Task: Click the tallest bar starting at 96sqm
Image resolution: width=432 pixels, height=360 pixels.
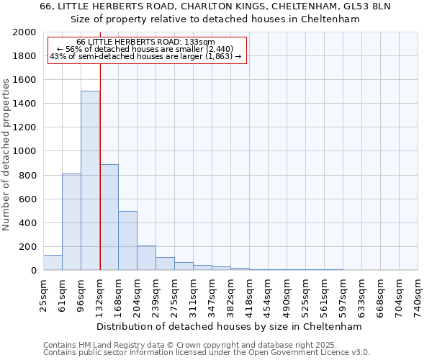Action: pos(90,180)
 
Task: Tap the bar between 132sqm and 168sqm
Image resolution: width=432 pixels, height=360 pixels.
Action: pos(109,217)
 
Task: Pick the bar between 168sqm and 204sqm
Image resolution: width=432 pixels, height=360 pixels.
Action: pos(127,240)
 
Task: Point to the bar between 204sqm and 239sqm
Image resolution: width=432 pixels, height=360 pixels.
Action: pos(146,258)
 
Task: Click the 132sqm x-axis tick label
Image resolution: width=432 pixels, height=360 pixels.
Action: pos(100,294)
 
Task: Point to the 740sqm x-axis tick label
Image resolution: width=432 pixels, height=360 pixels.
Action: pos(418,294)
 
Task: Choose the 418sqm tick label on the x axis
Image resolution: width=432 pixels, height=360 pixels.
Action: pos(250,294)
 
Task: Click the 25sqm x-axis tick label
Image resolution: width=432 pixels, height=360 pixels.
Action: pos(44,293)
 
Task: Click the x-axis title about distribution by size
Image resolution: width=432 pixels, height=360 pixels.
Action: pos(230,326)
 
